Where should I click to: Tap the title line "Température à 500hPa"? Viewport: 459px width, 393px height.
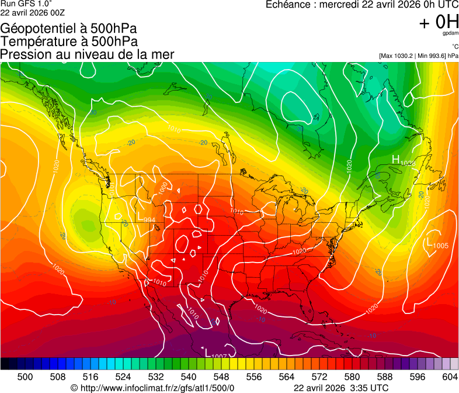click(69, 42)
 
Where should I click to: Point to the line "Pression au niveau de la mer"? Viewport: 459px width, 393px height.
click(87, 54)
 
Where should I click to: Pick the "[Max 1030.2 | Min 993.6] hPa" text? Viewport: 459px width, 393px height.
click(418, 56)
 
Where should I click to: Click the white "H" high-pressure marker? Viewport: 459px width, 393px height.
click(395, 160)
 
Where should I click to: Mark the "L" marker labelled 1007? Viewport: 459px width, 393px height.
click(207, 352)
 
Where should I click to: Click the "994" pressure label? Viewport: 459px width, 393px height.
click(149, 219)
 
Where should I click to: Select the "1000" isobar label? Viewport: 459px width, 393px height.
click(163, 187)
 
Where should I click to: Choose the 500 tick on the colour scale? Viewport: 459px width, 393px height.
click(25, 376)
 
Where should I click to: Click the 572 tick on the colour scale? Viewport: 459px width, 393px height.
click(319, 376)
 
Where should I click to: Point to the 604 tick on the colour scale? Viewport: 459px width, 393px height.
click(450, 376)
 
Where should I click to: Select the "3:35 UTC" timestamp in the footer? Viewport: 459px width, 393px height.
click(370, 388)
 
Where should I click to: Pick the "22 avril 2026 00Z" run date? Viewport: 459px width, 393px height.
click(33, 12)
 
